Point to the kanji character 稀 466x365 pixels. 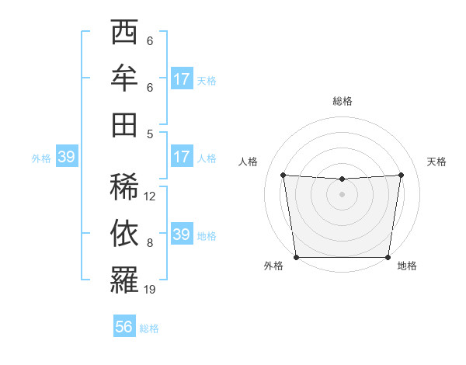click(x=124, y=186)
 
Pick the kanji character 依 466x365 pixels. click(x=124, y=233)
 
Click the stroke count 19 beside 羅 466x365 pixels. click(x=150, y=290)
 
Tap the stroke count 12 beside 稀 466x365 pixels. click(x=150, y=196)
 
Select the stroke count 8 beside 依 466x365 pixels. click(x=149, y=243)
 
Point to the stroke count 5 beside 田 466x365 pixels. click(x=149, y=133)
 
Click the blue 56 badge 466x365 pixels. click(x=123, y=327)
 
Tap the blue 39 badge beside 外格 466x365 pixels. click(x=66, y=157)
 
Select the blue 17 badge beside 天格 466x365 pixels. click(x=182, y=79)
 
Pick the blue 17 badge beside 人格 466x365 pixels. click(x=182, y=157)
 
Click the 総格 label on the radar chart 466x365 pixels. click(x=343, y=101)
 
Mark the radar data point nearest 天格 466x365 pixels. click(x=402, y=175)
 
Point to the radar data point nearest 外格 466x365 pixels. click(x=296, y=257)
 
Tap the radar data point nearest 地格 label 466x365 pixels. click(x=388, y=257)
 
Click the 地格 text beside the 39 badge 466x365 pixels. click(x=207, y=235)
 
